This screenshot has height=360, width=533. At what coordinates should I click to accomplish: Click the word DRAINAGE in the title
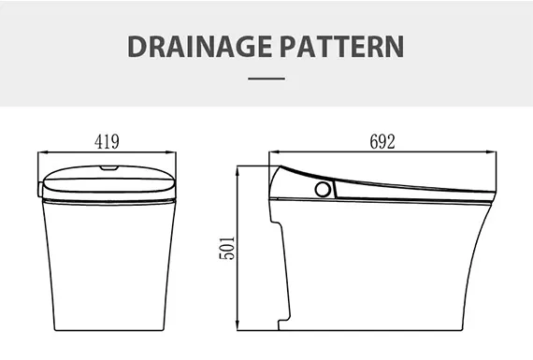pyautogui.click(x=199, y=46)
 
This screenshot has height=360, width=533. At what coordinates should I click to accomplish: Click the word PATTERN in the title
pyautogui.click(x=342, y=46)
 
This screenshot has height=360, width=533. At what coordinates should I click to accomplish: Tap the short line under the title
pyautogui.click(x=266, y=79)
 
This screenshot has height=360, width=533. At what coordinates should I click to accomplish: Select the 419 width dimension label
pyautogui.click(x=107, y=142)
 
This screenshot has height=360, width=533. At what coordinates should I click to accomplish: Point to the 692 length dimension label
pyautogui.click(x=382, y=142)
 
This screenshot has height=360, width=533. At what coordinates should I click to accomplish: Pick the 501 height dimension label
pyautogui.click(x=227, y=248)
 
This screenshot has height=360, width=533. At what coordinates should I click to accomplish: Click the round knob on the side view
pyautogui.click(x=323, y=189)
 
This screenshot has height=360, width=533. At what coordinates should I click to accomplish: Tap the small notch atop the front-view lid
pyautogui.click(x=108, y=167)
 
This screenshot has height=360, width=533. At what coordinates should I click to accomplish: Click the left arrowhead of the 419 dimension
pyautogui.click(x=42, y=152)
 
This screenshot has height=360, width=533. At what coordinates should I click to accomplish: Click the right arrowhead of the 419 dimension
pyautogui.click(x=172, y=152)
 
